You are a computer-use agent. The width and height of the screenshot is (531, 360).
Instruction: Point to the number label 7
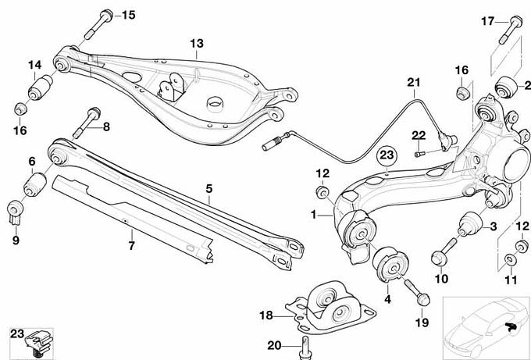pyautogui.click(x=131, y=245)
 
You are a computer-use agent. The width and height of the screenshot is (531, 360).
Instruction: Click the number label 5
pyautogui.click(x=209, y=188)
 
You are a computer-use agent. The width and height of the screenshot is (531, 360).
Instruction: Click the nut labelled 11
pyautogui.click(x=510, y=258)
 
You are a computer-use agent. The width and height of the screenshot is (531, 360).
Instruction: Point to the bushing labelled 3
pyautogui.click(x=470, y=223)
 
